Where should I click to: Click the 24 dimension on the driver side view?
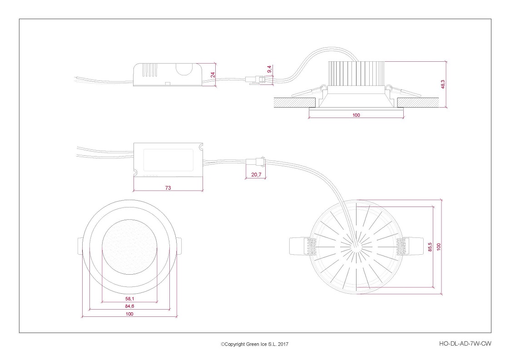[x=213, y=74]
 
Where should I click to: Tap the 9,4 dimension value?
[x=269, y=69]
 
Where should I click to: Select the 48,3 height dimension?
[x=443, y=84]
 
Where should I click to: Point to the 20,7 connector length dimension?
[x=256, y=175]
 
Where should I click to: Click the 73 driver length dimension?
[x=168, y=187]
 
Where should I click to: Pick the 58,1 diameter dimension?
[x=129, y=299]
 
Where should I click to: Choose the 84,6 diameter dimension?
[x=129, y=306]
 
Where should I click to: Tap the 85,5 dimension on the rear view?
[x=430, y=247]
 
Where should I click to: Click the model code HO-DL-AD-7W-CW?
[x=465, y=343]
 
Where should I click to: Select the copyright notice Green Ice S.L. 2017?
[x=254, y=344]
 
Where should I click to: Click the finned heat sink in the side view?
[x=357, y=74]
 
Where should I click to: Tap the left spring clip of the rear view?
[x=303, y=246]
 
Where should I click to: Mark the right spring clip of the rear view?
[x=410, y=246]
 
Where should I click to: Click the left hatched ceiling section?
[x=295, y=103]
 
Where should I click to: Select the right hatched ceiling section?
[x=418, y=103]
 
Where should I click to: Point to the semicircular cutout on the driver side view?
[x=184, y=69]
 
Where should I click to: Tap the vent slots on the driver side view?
[x=150, y=70]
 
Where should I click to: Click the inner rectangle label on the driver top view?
[x=168, y=160]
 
